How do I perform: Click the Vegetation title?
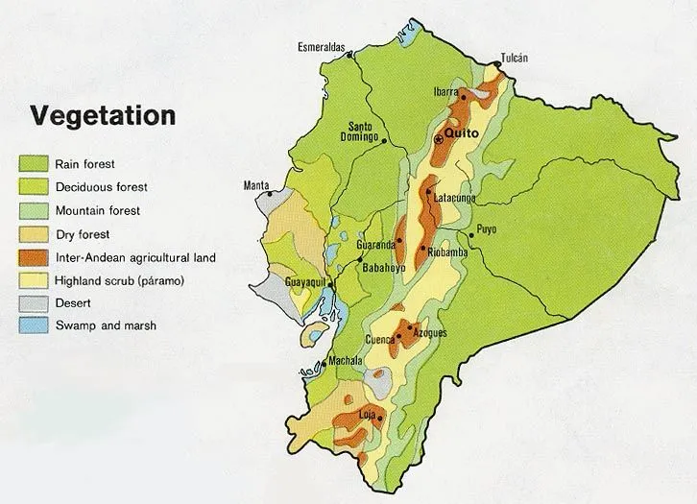pos(103,116)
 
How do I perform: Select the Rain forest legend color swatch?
pos(34,164)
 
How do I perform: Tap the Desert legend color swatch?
pos(34,302)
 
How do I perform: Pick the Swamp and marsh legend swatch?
pos(34,325)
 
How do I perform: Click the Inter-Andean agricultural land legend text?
pos(135,257)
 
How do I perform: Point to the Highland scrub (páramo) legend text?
pos(119,280)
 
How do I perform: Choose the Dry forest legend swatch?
pos(34,233)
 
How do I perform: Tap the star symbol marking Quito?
pos(440,139)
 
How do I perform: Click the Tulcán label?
pos(515,58)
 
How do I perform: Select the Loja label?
pos(366,415)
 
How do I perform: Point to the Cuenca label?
pos(381,341)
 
